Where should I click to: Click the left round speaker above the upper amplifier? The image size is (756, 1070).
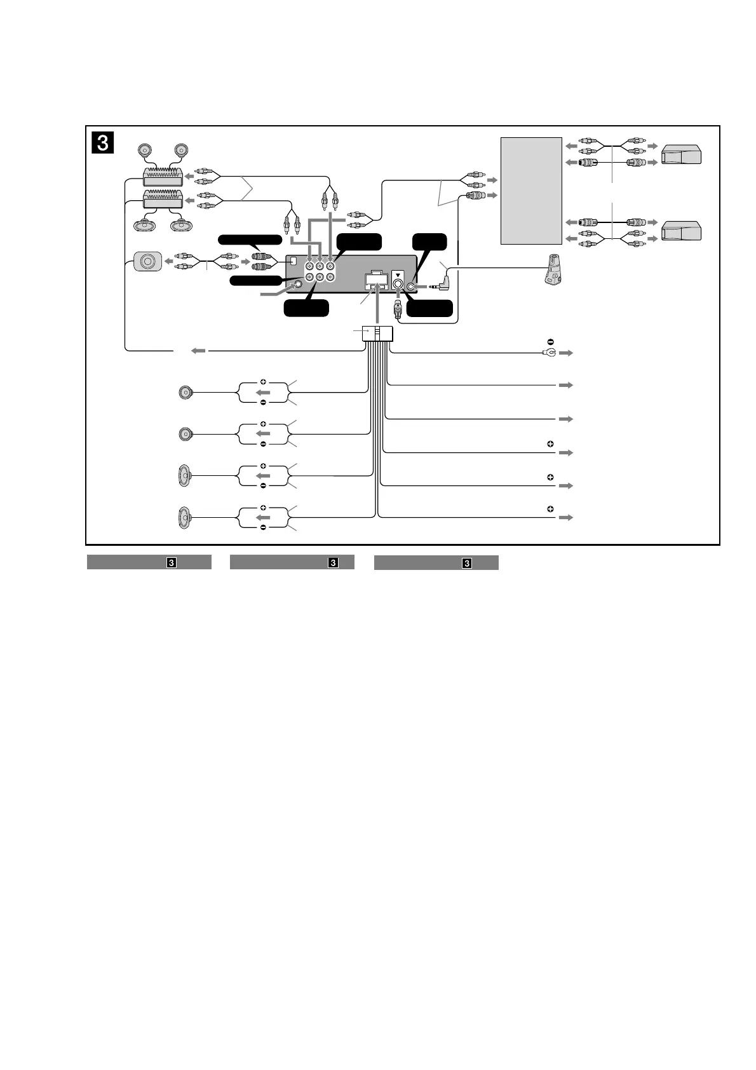(x=145, y=151)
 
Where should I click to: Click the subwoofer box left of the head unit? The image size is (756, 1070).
(x=147, y=261)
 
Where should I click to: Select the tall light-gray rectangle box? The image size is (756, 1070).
(x=531, y=191)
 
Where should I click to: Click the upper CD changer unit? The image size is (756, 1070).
(x=681, y=155)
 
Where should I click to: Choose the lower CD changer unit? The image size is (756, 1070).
(x=681, y=230)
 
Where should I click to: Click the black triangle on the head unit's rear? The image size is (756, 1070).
(x=398, y=276)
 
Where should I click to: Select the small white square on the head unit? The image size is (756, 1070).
(x=294, y=260)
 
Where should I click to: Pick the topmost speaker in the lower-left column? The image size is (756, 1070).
(x=185, y=393)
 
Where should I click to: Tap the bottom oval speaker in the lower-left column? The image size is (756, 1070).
(x=184, y=518)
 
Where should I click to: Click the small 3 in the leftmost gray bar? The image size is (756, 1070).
(x=171, y=562)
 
